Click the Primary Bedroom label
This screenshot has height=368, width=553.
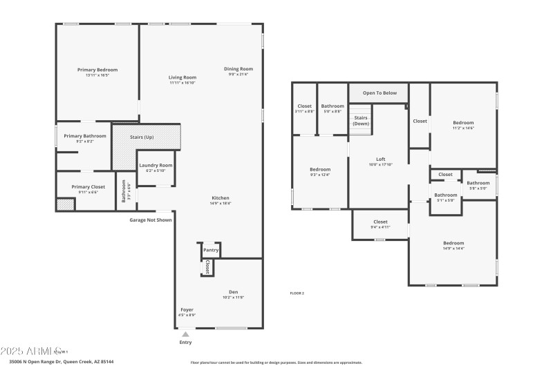[97, 70]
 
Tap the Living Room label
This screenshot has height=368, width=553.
[183, 77]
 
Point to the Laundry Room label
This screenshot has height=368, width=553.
[156, 166]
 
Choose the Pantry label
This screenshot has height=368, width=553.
[210, 250]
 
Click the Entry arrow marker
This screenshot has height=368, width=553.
[185, 334]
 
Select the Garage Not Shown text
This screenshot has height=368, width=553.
[151, 220]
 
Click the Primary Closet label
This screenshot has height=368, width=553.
[88, 187]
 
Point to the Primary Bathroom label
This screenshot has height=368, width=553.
[85, 136]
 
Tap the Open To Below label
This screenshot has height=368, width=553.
[379, 93]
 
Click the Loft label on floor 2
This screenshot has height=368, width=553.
[379, 159]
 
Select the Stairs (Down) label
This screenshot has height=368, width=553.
[360, 120]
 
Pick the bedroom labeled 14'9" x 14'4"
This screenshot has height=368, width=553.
[453, 243]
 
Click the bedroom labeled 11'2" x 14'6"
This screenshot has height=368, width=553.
[463, 123]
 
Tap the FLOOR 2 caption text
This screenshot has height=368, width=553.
[297, 293]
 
